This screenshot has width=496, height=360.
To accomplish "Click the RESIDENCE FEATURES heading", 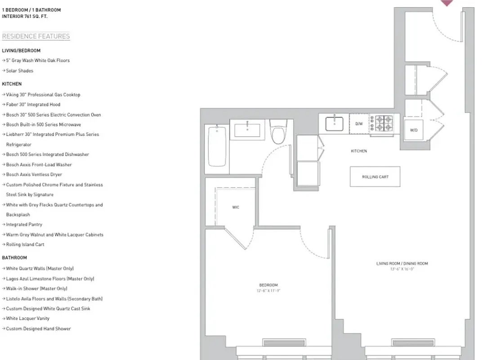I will tap(36, 36).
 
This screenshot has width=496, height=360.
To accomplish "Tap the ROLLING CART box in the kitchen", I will tap(375, 177).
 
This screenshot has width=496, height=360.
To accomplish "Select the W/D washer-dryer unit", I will tap(414, 130).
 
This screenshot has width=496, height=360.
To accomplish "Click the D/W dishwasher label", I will tap(359, 123).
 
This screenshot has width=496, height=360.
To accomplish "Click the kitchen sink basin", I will tap(334, 122).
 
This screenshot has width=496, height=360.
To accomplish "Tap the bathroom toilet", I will tap(278, 132).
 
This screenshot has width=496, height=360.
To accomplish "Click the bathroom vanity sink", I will tap(247, 130).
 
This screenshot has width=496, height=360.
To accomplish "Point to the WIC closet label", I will tap(236, 207).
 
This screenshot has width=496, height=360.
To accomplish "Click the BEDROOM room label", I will tap(268, 285).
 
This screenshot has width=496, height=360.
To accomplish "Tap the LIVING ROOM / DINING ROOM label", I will tap(402, 263).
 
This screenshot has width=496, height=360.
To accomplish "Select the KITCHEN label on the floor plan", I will tap(358, 151).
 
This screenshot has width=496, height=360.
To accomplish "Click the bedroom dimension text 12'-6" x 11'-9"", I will tap(268, 291).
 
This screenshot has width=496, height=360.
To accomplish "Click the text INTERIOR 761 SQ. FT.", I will tap(25, 16).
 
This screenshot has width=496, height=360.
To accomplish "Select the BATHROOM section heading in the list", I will tap(14, 258).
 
